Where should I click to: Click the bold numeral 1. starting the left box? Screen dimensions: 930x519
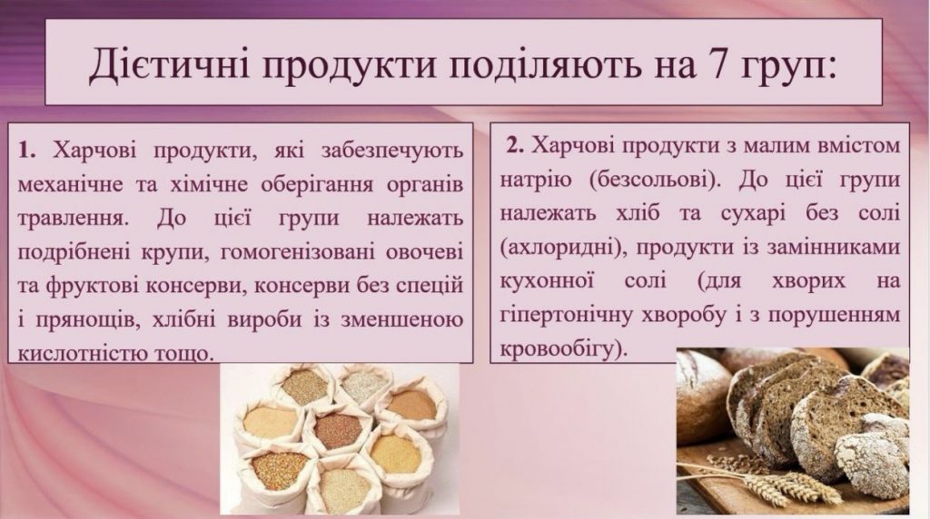coord(27,152)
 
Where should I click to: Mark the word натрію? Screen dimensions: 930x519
coord(536,181)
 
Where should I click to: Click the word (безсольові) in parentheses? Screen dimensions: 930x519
coord(656,181)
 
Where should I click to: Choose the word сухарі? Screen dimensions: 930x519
coord(753,213)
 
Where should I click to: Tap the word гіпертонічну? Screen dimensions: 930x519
coord(566,315)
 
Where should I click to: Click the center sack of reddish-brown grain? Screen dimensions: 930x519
coord(337,432)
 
